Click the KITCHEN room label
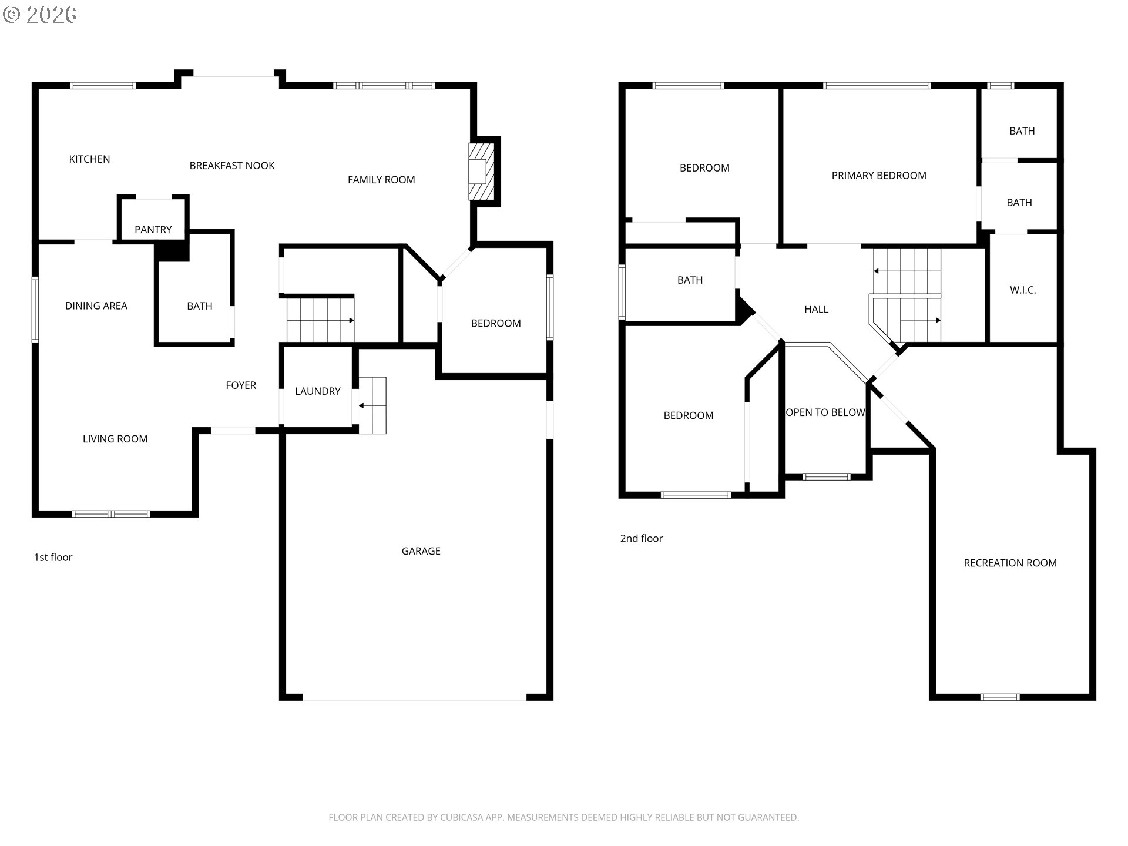coord(89,159)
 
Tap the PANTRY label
coord(153,230)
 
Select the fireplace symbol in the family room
coord(482,172)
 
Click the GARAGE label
coord(421,551)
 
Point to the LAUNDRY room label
coord(317,391)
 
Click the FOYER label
coord(241,385)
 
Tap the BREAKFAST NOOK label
coord(232,166)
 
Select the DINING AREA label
coord(96,305)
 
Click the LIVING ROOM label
coord(115,439)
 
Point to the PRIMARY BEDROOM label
coord(879,176)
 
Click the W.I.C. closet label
coord(1023,290)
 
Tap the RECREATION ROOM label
coord(1010,563)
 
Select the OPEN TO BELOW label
coord(825,412)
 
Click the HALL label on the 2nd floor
coord(816,309)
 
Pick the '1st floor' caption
coord(53,558)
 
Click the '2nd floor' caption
coord(641,539)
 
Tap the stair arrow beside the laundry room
coord(366,405)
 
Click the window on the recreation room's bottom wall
coord(1000,697)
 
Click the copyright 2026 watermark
coord(40,15)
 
